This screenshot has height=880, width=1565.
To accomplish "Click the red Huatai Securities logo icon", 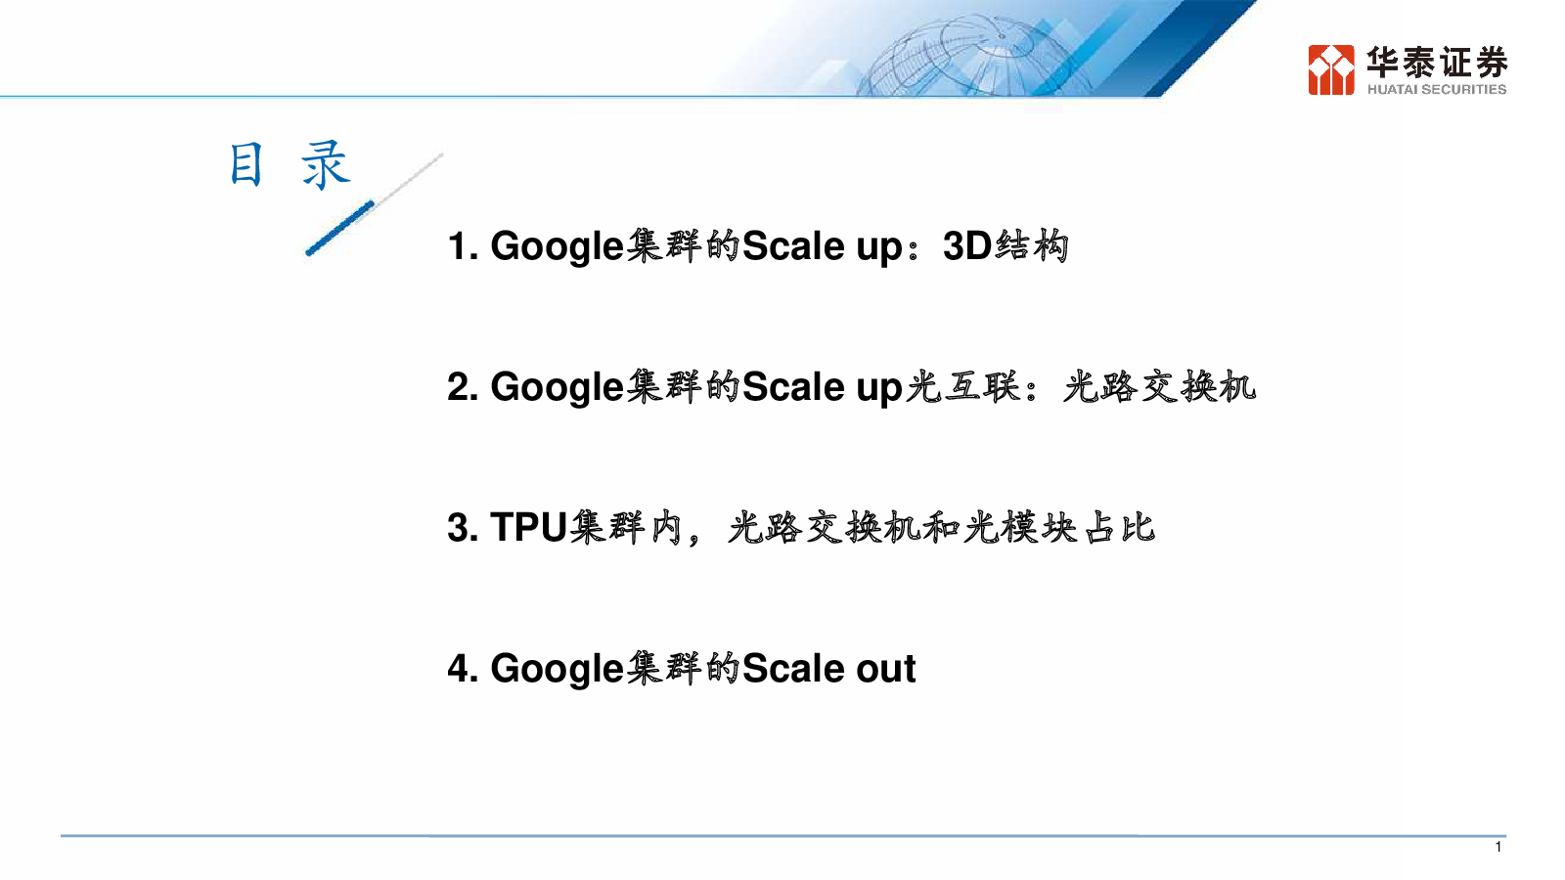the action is pos(1331,69).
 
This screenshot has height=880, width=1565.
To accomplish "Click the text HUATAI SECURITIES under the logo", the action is pos(1437,89).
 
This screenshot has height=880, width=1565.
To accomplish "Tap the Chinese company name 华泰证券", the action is pos(1437,62).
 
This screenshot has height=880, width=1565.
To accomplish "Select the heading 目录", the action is pos(290,165).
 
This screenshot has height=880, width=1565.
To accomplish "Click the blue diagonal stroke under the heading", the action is pos(340,229).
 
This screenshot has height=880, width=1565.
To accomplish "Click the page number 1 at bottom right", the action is pos(1498,847).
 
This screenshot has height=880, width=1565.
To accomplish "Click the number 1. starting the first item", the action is pos(463,246).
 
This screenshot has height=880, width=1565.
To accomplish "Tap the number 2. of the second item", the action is pos(463,387).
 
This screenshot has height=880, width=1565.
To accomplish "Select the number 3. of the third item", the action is pos(463,527).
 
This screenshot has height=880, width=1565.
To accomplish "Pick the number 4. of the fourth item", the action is pos(463,669).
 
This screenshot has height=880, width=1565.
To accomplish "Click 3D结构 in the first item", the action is pos(1006,245).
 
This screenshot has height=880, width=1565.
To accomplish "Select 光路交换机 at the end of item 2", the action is pos(1159,386).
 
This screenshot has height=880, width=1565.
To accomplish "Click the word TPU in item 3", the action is pos(528,527).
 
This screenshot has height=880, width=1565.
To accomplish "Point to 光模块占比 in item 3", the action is pos(1059,527).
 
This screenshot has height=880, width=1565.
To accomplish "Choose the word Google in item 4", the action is pos(557,670).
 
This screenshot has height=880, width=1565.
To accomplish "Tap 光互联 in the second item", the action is pos(962,386).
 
